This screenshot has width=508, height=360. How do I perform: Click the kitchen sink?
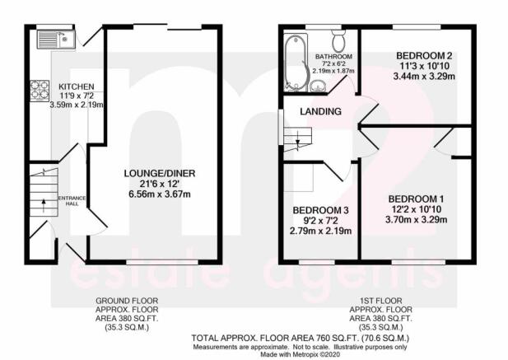(x=56, y=40)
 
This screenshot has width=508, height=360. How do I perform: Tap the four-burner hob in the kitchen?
(x=40, y=91)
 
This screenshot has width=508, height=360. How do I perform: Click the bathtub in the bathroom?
(x=296, y=63)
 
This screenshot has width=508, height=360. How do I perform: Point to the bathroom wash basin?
(x=318, y=86)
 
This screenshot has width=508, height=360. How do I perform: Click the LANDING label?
(x=320, y=111)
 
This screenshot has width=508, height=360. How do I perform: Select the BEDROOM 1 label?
(x=417, y=199)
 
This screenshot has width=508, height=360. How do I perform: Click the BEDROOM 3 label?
(x=320, y=210)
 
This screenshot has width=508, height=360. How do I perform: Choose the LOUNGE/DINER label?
(x=160, y=173)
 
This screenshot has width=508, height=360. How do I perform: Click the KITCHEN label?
(x=77, y=86)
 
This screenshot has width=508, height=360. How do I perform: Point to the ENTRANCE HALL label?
(x=72, y=201)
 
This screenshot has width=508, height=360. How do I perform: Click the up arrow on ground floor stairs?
(x=44, y=205)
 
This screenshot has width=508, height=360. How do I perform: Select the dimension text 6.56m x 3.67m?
(x=160, y=194)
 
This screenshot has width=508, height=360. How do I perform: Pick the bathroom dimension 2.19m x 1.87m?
(x=333, y=70)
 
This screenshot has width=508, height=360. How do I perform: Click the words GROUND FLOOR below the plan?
(x=127, y=301)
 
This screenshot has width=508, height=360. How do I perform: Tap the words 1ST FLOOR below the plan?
(x=381, y=301)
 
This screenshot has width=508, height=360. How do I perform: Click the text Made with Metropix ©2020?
(x=301, y=354)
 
